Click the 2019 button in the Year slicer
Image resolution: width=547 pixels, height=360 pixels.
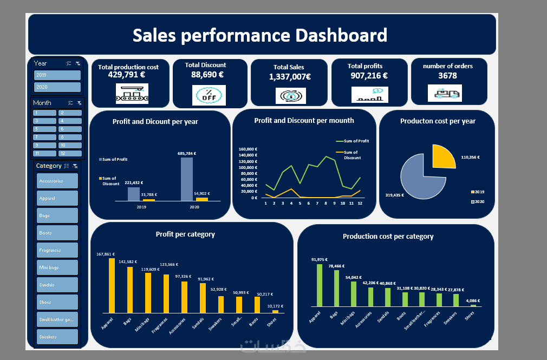pos(57,75)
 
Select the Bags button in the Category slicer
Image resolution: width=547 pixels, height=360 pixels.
pos(57,215)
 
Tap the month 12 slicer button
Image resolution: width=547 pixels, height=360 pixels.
pos(70,153)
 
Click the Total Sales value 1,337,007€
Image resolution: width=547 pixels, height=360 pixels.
pos(290,77)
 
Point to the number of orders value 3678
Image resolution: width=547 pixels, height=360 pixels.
pos(447,76)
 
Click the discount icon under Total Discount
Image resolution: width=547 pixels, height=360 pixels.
pos(209,95)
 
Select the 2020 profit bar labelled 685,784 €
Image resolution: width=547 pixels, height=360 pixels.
pos(186,179)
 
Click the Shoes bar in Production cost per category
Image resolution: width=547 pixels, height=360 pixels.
pos(473,305)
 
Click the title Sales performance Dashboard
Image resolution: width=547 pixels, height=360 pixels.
pos(260,35)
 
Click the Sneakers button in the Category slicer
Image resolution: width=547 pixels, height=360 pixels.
pos(57,337)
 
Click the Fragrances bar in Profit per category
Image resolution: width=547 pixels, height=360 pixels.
pos(165,293)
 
